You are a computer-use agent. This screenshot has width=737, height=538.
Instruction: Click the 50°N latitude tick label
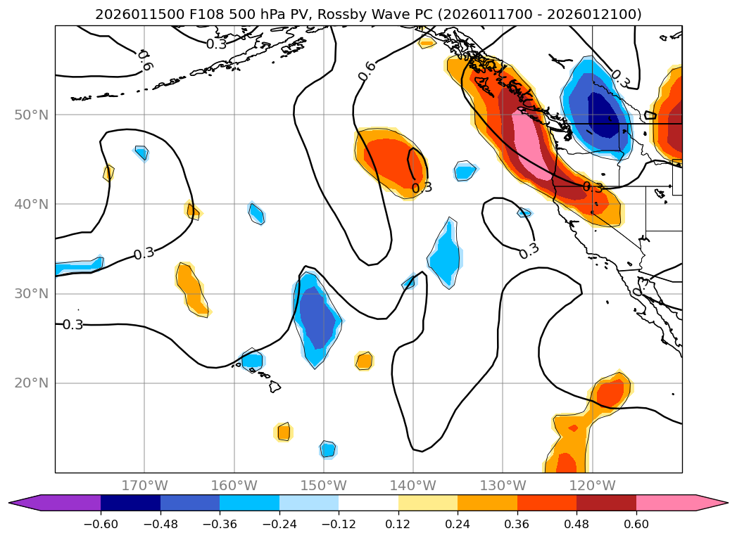[x=31, y=115]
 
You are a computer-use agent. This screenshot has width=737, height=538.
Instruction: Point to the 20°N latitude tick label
[x=31, y=383]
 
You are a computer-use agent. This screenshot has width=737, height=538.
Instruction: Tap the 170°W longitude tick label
[x=144, y=485]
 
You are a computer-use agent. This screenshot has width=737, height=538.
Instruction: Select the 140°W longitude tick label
[x=413, y=485]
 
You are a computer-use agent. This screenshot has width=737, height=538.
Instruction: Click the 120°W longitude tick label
[x=592, y=485]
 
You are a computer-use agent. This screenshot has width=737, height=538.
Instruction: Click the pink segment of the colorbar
[x=665, y=503]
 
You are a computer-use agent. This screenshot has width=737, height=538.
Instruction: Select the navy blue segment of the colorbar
[x=130, y=503]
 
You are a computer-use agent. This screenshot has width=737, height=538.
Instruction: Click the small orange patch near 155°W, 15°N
[x=283, y=432]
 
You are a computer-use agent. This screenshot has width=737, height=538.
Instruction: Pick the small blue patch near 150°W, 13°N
[x=328, y=449]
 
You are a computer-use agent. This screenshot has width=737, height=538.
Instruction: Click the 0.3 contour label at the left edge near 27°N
[x=73, y=325]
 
